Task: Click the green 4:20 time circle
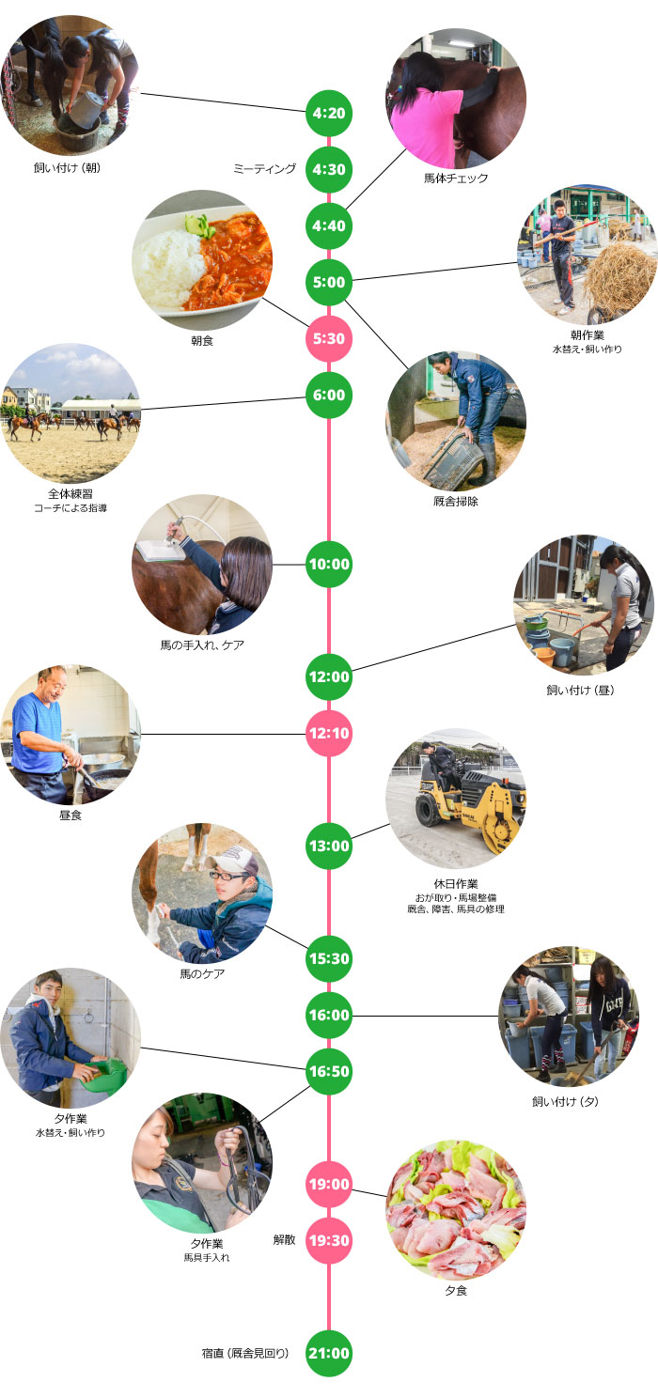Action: coord(328,113)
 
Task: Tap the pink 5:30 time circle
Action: coord(328,338)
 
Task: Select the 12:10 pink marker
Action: coord(328,733)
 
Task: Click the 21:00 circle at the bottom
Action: coord(328,1354)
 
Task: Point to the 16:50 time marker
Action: coord(328,1071)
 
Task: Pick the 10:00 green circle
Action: coord(328,564)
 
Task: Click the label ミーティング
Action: coord(264,169)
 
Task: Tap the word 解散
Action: coord(285,1240)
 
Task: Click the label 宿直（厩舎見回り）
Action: coord(245,1354)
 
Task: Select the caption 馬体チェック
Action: coord(456,179)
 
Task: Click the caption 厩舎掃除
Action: coord(456,501)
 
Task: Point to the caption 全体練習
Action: coord(70,494)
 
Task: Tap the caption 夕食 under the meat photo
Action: coord(456,1291)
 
